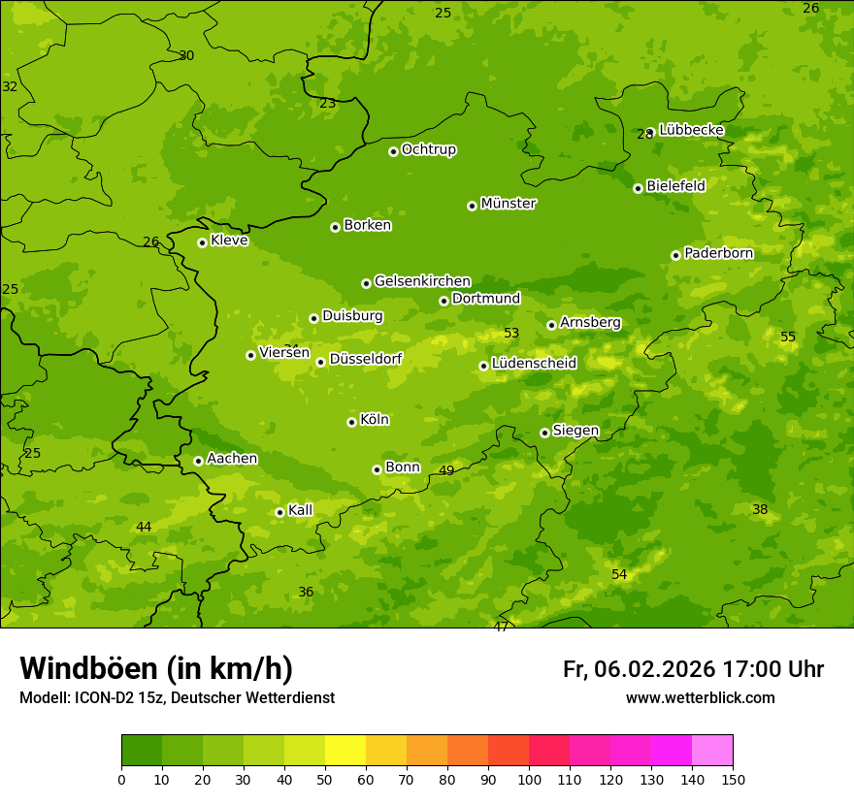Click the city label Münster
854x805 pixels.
[x=508, y=204]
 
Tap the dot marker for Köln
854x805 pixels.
[x=351, y=422]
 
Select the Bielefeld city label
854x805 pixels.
[x=675, y=185]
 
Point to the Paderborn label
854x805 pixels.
[x=718, y=253]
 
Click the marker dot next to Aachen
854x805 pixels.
[x=198, y=461]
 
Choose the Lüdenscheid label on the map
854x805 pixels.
[x=534, y=364]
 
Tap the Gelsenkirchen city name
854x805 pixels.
[x=422, y=281]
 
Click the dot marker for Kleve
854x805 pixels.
[x=202, y=242]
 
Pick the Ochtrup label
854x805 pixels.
[x=428, y=149]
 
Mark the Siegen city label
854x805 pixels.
[x=575, y=431]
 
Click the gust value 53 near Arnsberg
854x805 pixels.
[x=511, y=334]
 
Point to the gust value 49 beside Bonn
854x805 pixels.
[x=446, y=471]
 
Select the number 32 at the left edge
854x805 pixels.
[x=10, y=86]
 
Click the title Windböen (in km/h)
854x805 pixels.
[x=156, y=668]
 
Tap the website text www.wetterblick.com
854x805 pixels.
[x=700, y=697]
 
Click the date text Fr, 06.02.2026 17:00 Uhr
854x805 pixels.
[x=693, y=669]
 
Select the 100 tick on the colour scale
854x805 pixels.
[x=529, y=779]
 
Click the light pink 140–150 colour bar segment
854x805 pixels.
[x=712, y=751]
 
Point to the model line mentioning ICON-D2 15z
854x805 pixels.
[x=177, y=697]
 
